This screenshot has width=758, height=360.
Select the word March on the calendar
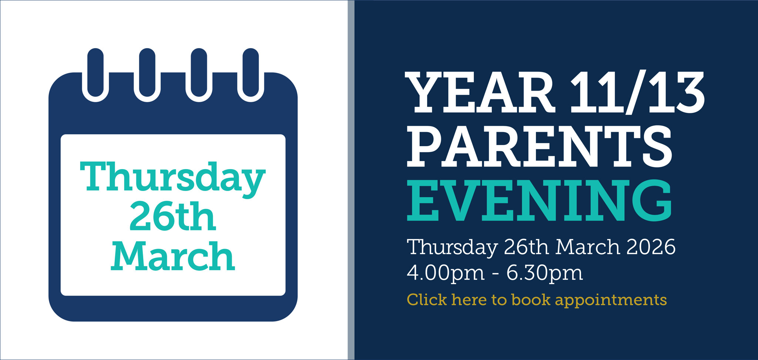(x=173, y=256)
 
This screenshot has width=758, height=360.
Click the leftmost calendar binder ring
(x=95, y=75)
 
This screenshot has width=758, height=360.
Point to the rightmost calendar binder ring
(x=251, y=75)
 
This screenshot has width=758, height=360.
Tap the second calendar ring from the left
(x=147, y=75)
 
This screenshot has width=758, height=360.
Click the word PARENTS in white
(x=540, y=146)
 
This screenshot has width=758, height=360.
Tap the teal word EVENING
(x=540, y=201)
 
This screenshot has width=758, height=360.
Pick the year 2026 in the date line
(x=651, y=247)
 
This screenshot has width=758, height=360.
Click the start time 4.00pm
(x=446, y=273)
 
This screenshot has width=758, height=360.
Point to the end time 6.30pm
(x=544, y=273)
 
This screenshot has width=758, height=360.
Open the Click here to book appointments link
(x=537, y=300)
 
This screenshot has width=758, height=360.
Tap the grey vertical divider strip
(x=351, y=180)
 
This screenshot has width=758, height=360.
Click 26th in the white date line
(x=526, y=247)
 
